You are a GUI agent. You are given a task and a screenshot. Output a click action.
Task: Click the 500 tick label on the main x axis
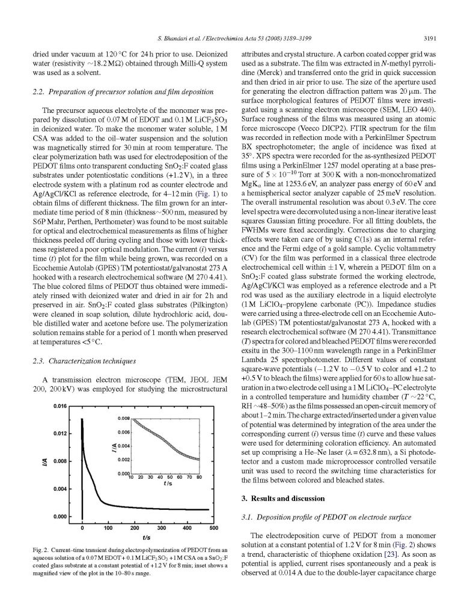pos(213,528)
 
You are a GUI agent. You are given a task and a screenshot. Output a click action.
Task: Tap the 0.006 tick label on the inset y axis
pos(124,432)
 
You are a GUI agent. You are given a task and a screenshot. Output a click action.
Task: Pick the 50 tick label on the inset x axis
pos(169,479)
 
